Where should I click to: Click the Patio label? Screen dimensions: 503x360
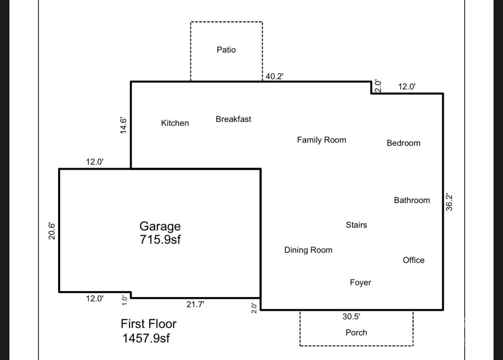click(x=226, y=50)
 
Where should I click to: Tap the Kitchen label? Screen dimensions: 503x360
click(x=175, y=123)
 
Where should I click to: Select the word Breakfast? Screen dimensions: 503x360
click(x=233, y=119)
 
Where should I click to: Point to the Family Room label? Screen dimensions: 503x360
click(x=321, y=140)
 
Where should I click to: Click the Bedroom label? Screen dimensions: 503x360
click(x=403, y=143)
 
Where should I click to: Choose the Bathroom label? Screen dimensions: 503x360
click(x=412, y=200)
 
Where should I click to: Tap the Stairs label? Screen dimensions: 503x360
click(x=356, y=225)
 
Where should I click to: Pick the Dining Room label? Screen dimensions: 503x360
click(x=308, y=250)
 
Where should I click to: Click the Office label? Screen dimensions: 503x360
click(x=414, y=260)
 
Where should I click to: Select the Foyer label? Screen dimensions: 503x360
click(x=360, y=282)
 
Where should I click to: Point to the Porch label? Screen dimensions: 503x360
click(x=356, y=333)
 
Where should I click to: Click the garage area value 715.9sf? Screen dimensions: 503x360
click(x=160, y=239)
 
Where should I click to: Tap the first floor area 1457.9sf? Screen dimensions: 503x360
click(x=146, y=338)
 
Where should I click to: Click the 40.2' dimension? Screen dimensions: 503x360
click(x=274, y=76)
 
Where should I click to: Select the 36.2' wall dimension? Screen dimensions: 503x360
click(x=449, y=202)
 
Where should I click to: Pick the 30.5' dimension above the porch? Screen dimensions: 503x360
click(x=351, y=317)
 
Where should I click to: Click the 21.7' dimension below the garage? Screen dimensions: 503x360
click(x=195, y=304)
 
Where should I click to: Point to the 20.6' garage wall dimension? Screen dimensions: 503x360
click(x=52, y=231)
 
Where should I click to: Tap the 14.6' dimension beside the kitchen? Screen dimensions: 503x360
click(x=123, y=125)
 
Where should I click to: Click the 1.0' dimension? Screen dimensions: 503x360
click(x=125, y=300)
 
